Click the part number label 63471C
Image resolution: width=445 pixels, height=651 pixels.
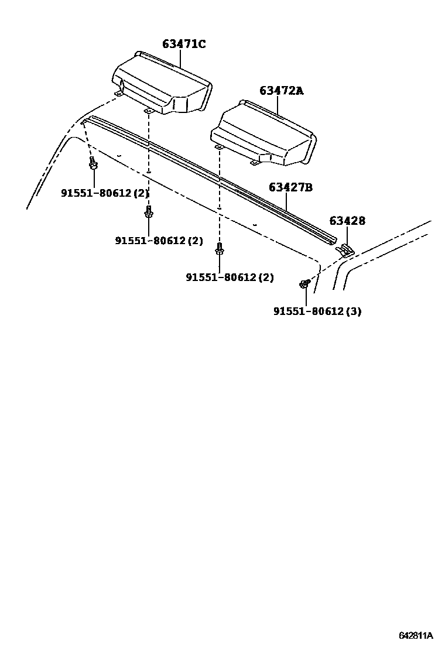184,44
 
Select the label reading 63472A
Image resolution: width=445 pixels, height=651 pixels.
282,91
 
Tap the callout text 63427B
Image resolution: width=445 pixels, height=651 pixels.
290,187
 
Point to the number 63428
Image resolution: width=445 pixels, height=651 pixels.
347,221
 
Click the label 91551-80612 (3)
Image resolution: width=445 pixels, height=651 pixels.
317,311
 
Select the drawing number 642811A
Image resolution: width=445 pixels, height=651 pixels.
416,635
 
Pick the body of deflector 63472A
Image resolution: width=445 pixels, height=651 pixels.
263,132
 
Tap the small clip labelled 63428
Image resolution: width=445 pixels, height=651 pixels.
346,250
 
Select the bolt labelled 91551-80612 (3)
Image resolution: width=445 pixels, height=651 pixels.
304,285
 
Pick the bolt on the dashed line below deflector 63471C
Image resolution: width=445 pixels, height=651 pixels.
148,213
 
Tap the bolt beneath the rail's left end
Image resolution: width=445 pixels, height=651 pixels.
93,164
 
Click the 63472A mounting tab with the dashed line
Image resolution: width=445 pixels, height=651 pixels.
218,148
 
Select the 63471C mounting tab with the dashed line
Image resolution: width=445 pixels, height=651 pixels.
148,111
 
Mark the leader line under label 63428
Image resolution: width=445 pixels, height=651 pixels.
347,235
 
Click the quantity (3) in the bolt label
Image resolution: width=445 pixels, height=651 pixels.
353,311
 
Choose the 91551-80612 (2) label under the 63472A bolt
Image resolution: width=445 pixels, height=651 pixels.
230,277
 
